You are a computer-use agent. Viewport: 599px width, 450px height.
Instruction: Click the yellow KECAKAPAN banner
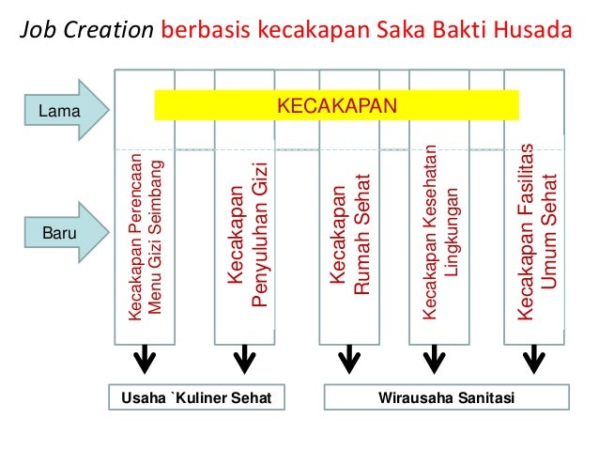pyautogui.click(x=336, y=104)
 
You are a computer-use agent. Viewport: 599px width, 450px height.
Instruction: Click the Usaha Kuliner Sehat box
pyautogui.click(x=196, y=397)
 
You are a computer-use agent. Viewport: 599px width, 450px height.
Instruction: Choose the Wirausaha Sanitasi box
pyautogui.click(x=446, y=397)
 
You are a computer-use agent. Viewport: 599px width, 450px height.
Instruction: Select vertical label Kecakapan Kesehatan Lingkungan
pyautogui.click(x=440, y=235)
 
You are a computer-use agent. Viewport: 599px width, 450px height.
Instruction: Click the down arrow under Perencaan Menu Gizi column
pyautogui.click(x=145, y=358)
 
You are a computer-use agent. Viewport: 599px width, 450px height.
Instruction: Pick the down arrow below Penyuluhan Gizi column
pyautogui.click(x=245, y=358)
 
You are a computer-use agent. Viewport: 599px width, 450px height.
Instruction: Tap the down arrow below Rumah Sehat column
pyautogui.click(x=348, y=358)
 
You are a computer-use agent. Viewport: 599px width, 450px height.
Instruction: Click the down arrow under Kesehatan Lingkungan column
pyautogui.click(x=434, y=358)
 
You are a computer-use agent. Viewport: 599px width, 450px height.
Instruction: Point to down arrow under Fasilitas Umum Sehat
pyautogui.click(x=536, y=358)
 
